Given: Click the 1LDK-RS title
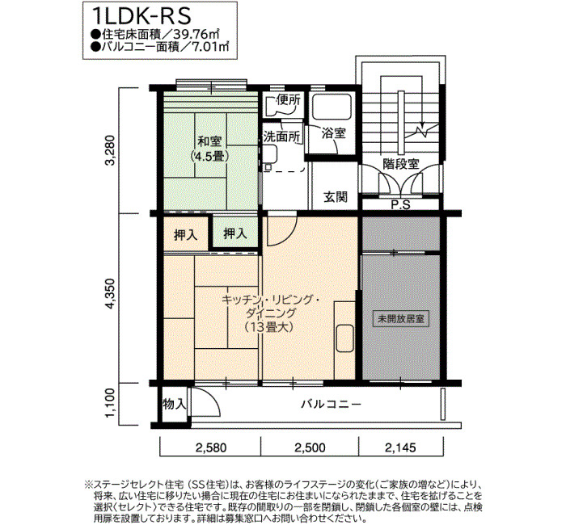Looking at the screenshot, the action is coord(141,16).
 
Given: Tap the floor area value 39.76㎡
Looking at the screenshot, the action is coord(196,34).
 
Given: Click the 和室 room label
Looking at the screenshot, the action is coord(209,141).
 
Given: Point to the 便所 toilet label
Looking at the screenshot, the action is coord(288,100).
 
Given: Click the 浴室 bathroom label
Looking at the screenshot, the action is coord(333,133).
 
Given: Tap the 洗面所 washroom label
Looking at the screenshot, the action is coord(282,136).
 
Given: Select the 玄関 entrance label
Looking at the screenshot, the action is coord(336,197).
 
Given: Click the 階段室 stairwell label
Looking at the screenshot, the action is coord(401,164).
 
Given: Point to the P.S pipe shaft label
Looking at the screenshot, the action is coord(401,205).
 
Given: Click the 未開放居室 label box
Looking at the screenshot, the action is coord(401,319).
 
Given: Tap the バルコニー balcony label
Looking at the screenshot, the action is coord(331,404).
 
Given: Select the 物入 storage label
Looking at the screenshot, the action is coord(175,404).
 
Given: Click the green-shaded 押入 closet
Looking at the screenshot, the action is coord(235,232).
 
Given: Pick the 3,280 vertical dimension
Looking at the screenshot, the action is coord(110,149).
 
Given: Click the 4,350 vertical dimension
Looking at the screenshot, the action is coord(110,293).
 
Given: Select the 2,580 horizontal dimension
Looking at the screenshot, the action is coord(211,447).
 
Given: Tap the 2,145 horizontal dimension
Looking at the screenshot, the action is coord(400,447).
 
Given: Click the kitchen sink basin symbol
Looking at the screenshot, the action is coord(344,338).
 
